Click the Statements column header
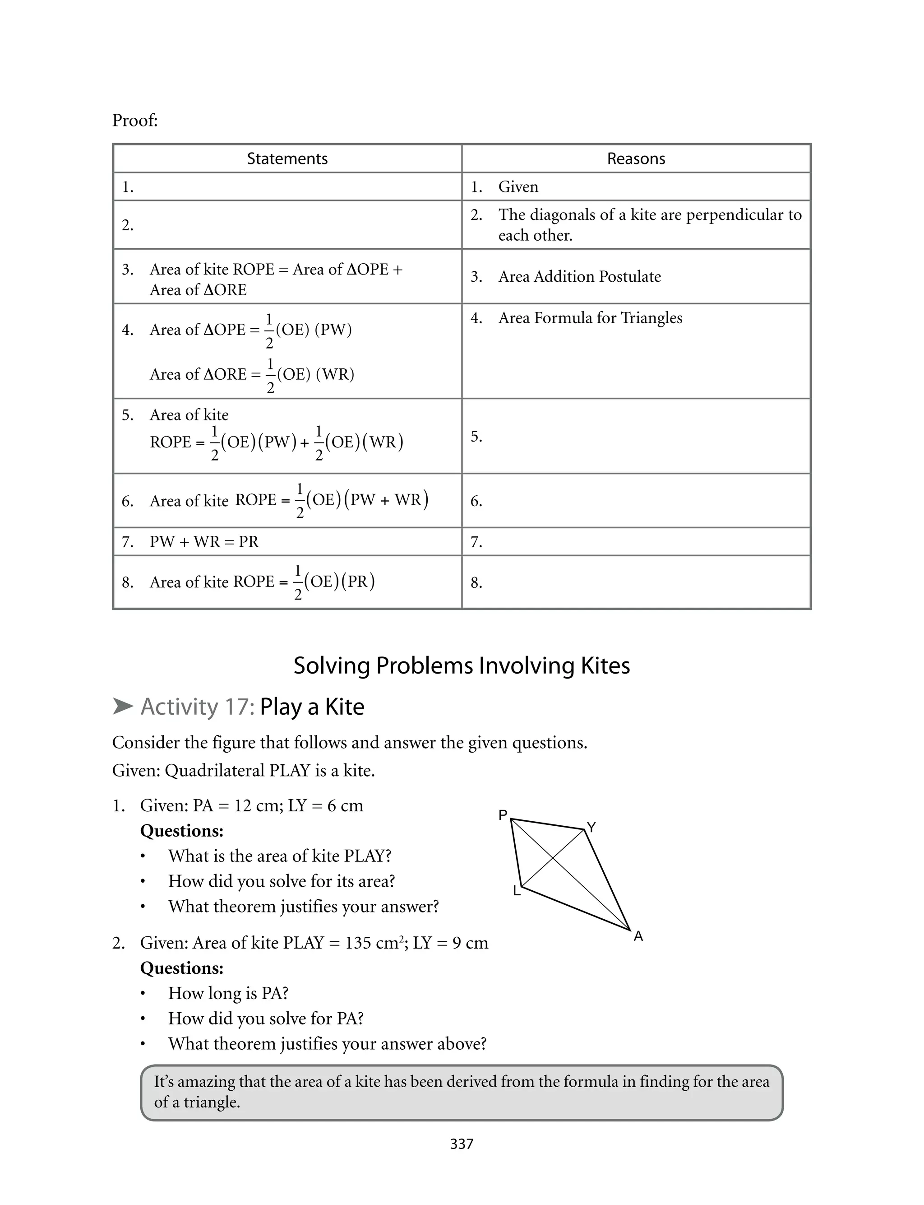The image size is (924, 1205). coord(287,158)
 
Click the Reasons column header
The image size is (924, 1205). coord(636,158)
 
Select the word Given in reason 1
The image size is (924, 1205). coord(518,186)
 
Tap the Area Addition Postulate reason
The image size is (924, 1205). coord(579,276)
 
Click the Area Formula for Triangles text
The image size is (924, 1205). coord(590,318)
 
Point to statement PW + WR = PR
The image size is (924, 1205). coord(203,541)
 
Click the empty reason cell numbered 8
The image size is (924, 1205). coord(636,582)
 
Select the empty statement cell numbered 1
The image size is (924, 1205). coord(287,186)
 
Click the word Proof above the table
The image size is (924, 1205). coord(135,120)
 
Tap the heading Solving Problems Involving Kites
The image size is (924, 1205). coord(462,665)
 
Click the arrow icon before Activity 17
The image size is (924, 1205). coord(123,706)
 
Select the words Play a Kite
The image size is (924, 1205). coord(312,707)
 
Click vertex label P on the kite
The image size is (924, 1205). coord(503,815)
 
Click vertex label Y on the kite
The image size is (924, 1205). coord(591,827)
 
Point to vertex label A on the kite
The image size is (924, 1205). coord(638,936)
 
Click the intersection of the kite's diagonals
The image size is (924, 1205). coord(552,858)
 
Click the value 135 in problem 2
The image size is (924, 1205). coord(359,943)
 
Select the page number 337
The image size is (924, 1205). coord(462,1144)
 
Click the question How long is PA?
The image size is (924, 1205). coord(228,993)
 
